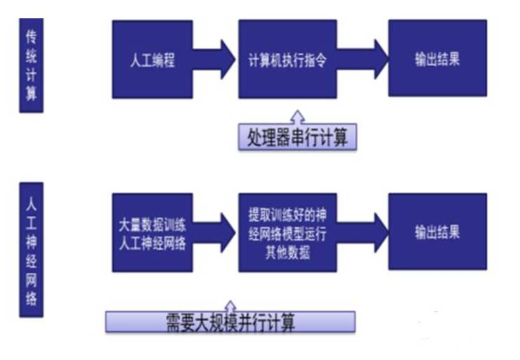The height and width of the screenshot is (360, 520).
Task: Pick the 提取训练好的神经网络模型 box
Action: tap(287, 231)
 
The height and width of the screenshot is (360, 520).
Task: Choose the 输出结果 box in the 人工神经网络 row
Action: tap(437, 231)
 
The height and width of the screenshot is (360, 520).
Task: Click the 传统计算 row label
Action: tap(31, 65)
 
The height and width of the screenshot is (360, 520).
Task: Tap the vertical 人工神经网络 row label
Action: tap(31, 249)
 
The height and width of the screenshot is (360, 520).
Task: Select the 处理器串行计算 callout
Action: tap(297, 137)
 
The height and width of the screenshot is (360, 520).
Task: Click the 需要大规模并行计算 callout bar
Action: tap(230, 323)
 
